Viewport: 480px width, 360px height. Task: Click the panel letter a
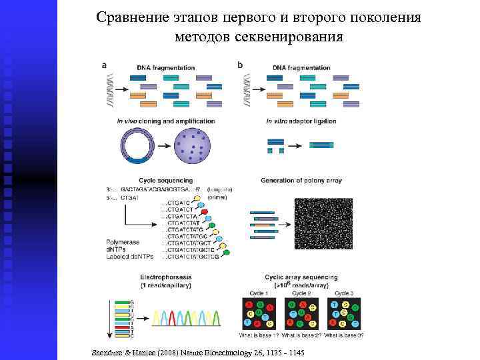(x=104, y=65)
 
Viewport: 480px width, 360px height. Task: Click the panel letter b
(x=240, y=65)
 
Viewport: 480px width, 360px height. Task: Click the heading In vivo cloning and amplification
(x=165, y=121)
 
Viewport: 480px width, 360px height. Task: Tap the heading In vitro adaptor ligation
(x=301, y=121)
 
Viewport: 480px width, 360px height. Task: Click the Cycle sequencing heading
(x=165, y=180)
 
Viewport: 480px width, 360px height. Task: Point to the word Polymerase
(x=123, y=241)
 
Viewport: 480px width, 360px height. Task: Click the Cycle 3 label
(x=344, y=293)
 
